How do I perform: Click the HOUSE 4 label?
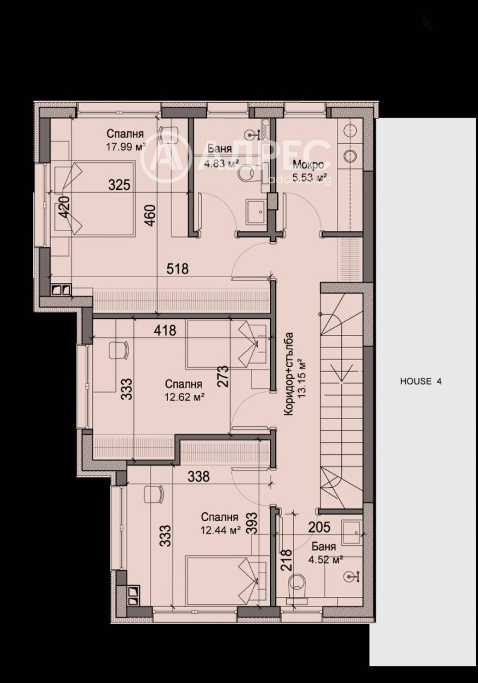[x=421, y=382]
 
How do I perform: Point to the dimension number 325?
[x=119, y=184]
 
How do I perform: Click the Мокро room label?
[x=309, y=165]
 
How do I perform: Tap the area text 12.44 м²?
[x=220, y=529]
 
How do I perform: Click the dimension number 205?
[x=320, y=527]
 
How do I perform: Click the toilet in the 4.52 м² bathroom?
[x=297, y=585]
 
